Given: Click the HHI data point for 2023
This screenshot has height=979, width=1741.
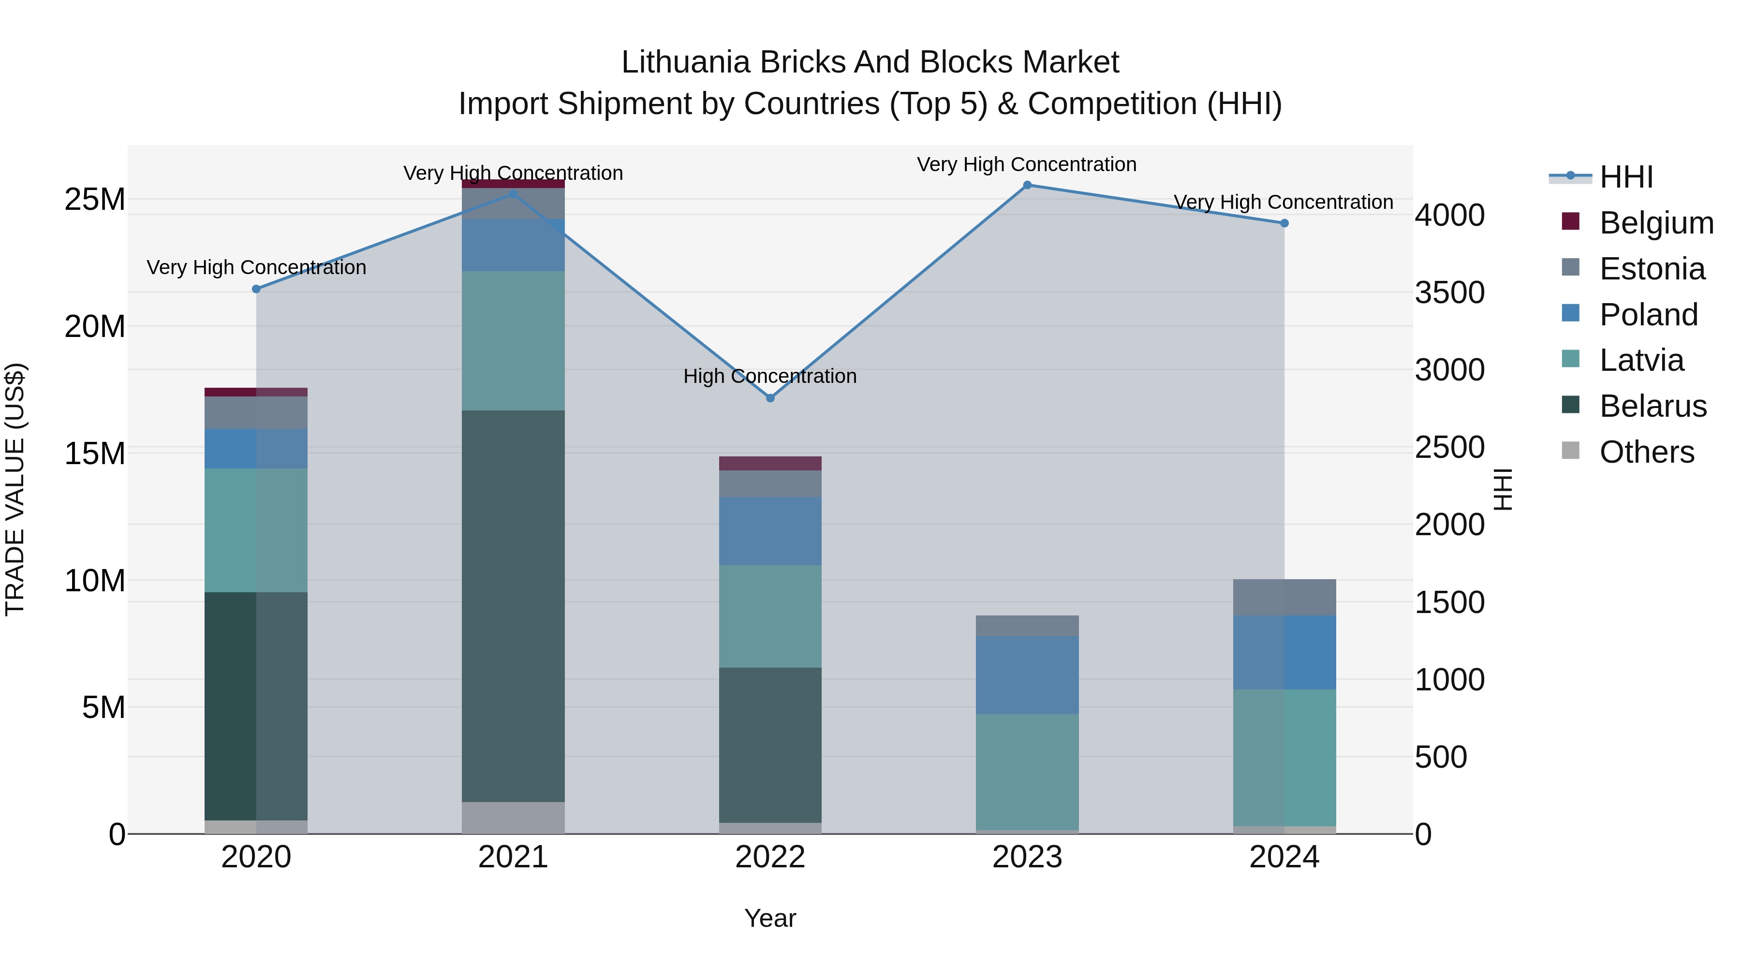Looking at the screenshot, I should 1027,185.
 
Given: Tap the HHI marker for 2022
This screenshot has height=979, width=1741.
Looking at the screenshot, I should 770,398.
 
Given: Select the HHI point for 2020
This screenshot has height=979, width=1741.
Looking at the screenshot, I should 256,289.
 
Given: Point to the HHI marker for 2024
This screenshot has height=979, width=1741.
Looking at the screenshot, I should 1284,223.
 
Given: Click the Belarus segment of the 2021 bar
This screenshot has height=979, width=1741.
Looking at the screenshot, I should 513,606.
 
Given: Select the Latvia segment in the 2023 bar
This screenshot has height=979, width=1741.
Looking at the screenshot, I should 1027,772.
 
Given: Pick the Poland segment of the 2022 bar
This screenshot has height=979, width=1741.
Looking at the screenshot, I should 770,531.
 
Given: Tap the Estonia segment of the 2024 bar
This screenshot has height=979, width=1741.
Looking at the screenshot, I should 1284,597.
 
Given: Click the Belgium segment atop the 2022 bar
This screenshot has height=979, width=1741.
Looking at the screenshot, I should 770,464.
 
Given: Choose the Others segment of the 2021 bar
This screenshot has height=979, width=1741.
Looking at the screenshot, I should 513,818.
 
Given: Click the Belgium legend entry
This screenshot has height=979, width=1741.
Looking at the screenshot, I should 1656,223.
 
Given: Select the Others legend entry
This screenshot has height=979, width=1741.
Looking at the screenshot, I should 1646,452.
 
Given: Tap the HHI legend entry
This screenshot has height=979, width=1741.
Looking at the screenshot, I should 1626,177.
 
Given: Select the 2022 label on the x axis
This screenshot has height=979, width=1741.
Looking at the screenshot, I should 770,857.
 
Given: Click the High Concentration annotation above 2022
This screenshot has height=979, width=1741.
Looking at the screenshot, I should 770,376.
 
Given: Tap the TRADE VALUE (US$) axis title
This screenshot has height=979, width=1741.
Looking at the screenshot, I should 15,489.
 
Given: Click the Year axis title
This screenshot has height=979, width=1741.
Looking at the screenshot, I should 770,918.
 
